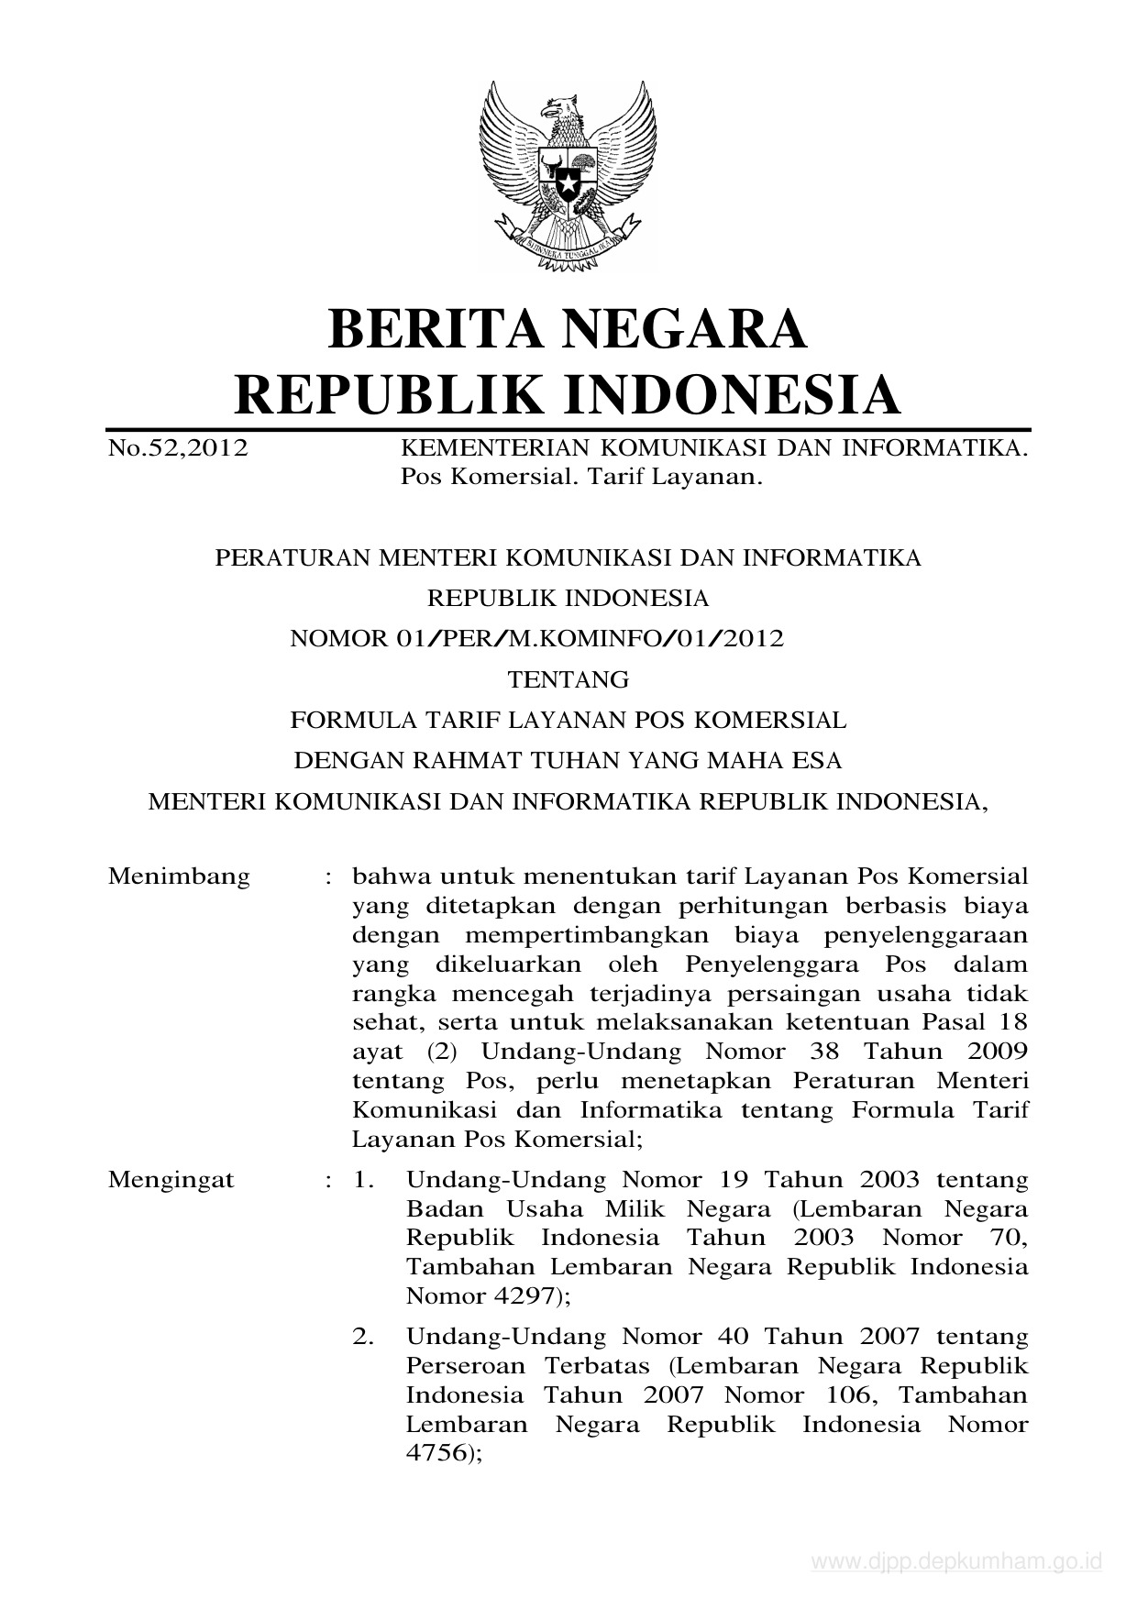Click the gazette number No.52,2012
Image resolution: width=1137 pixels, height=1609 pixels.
(178, 449)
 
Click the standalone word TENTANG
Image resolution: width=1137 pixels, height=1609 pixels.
(568, 679)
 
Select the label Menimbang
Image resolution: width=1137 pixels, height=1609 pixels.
(179, 876)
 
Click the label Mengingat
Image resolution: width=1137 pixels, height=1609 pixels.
(171, 1179)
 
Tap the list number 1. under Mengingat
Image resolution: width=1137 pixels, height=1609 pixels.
(364, 1179)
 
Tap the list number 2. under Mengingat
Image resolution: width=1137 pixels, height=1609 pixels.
(364, 1337)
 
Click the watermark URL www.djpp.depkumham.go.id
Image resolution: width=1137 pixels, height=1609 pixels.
(956, 1561)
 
